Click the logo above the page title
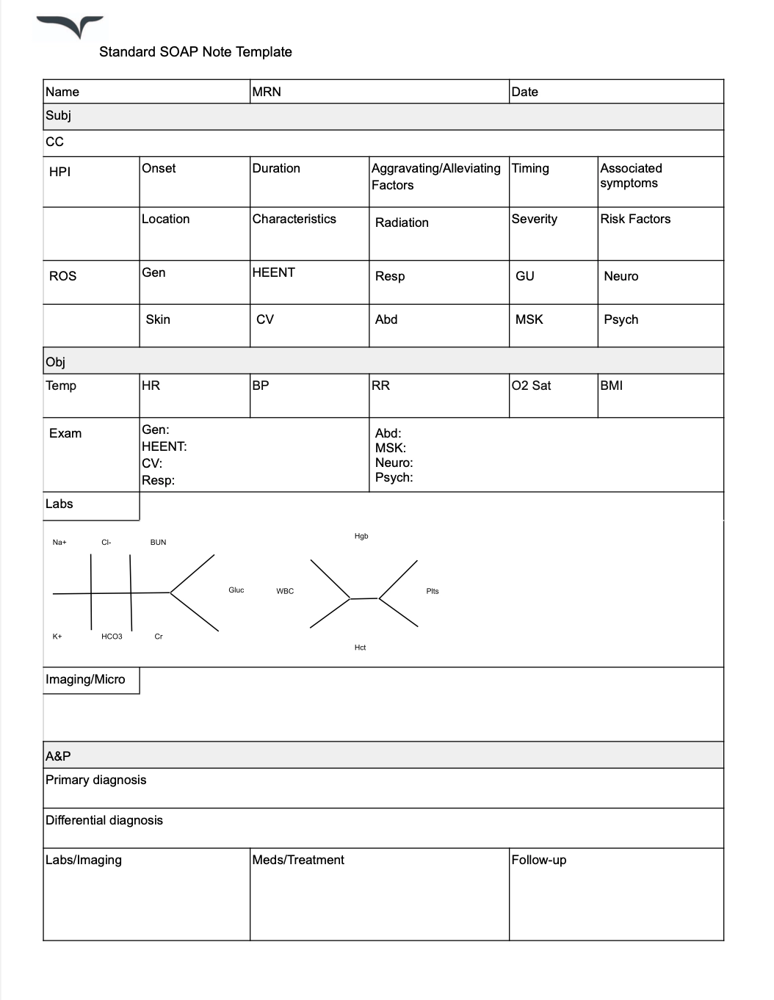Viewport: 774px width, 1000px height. pos(70,26)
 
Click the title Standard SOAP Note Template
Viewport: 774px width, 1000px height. pos(195,52)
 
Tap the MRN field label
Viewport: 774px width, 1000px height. pos(267,92)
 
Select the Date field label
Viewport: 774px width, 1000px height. pos(524,92)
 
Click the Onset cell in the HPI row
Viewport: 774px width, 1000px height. pos(159,168)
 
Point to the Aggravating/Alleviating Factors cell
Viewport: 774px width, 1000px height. pos(435,176)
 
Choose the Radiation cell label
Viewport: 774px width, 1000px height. pos(402,222)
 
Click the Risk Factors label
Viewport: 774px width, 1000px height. pos(635,219)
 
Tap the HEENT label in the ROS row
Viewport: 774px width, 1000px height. pos(273,272)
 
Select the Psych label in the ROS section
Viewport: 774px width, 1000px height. pos(621,319)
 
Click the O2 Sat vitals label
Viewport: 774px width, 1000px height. pos(531,385)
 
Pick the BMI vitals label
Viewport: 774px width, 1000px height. pos(611,385)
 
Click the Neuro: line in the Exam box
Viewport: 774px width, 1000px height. pos(394,463)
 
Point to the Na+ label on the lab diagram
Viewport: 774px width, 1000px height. pos(59,543)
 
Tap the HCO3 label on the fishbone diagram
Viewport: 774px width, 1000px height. pos(112,637)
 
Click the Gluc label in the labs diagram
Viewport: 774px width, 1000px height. pos(236,590)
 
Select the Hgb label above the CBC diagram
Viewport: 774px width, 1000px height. pos(361,537)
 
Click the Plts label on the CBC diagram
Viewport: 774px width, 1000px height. pos(433,591)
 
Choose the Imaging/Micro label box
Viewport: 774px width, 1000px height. pos(85,679)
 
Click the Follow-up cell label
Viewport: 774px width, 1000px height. pos(538,860)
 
